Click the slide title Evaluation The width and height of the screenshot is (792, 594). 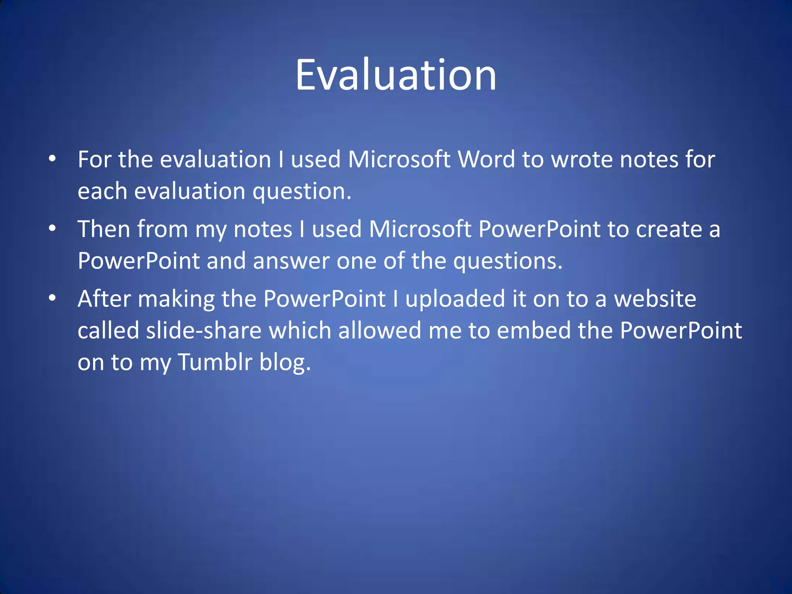[396, 75]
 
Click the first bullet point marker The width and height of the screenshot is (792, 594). [52, 159]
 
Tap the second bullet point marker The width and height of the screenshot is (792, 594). [52, 229]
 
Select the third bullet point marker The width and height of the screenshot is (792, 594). [52, 298]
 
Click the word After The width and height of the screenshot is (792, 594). [104, 299]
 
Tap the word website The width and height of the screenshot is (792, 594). [655, 299]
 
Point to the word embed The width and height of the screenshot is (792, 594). [533, 331]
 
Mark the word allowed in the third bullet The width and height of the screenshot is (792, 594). [379, 331]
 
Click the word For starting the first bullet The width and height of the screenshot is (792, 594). [94, 159]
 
